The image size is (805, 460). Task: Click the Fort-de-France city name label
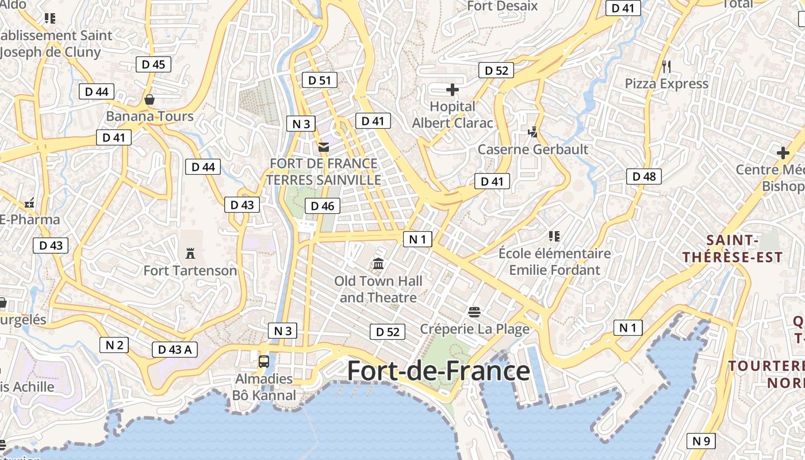pos(438,371)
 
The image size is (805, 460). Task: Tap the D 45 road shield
pos(154,64)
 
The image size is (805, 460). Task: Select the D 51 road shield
pos(320,80)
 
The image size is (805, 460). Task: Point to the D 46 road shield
pos(323,206)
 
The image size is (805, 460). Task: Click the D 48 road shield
pos(644,177)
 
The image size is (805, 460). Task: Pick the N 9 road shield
pos(701,441)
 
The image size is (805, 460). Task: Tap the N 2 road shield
pos(114,344)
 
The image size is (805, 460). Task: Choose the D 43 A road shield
pos(175,349)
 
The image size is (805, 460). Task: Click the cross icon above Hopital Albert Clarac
pos(453,90)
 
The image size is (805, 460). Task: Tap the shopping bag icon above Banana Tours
pos(149,99)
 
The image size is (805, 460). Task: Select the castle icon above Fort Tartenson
pos(190,253)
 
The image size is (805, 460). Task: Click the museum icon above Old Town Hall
pos(378,264)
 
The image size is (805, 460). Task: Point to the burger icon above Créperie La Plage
pos(474,312)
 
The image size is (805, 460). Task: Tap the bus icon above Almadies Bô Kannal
pos(264,361)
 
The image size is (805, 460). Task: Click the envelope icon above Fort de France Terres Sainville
pos(324,147)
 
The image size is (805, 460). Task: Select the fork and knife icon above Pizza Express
pos(666,67)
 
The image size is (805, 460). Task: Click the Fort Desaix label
pos(502,6)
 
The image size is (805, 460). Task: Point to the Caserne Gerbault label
pos(533,149)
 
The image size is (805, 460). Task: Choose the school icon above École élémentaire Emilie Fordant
pos(554,236)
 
